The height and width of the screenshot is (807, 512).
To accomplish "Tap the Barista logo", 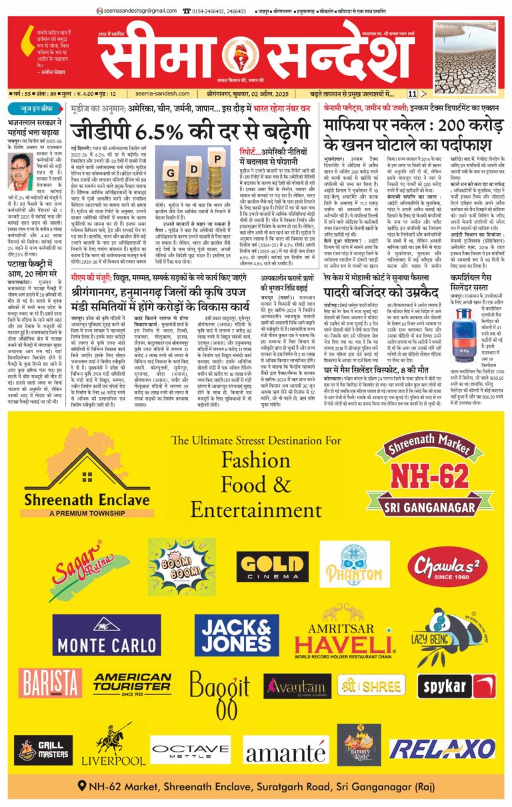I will click(x=51, y=682).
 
